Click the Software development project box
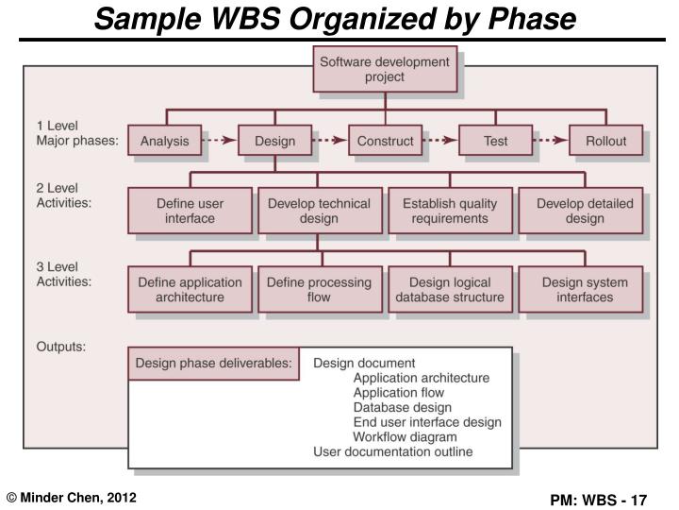pos(385,70)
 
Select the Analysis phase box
pos(164,142)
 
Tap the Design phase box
pos(274,142)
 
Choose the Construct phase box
pos(385,142)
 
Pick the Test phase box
pos(495,142)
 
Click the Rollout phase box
pos(605,142)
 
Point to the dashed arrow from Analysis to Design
pos(220,142)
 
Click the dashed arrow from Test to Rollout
pos(551,142)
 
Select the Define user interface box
pos(190,211)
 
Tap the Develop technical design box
pos(319,211)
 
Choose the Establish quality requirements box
pos(450,211)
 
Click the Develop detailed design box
pos(585,211)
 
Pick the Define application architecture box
pos(190,289)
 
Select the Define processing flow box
pos(319,289)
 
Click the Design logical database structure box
pos(450,289)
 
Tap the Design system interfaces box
pos(585,289)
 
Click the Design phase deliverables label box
pos(214,363)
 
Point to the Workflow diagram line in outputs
pos(405,437)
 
